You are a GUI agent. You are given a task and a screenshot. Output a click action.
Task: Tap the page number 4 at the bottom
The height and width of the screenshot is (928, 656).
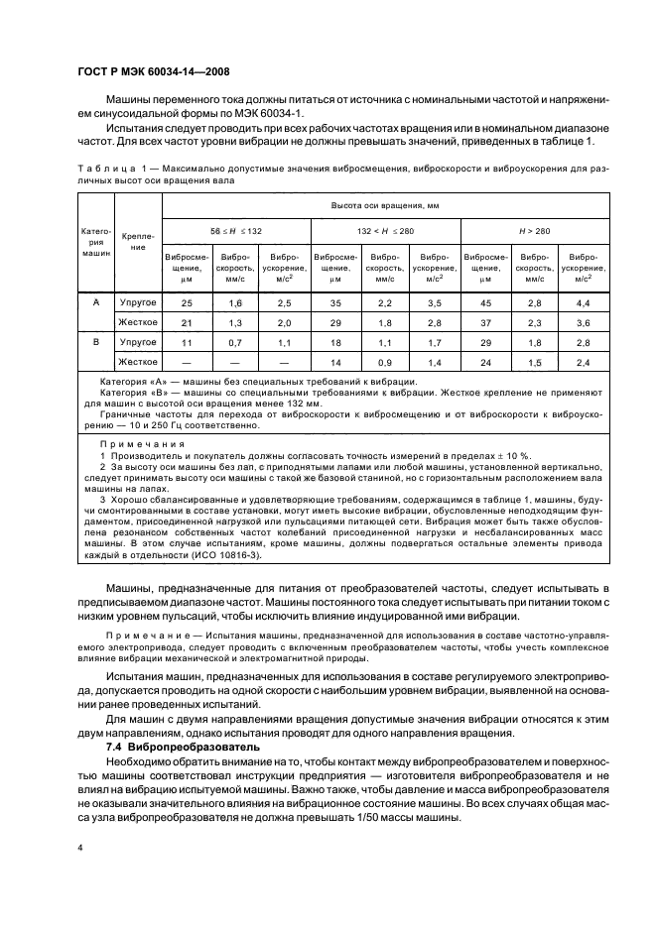[x=80, y=847]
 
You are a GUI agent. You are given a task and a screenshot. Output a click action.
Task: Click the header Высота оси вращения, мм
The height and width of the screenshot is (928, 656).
[x=385, y=205]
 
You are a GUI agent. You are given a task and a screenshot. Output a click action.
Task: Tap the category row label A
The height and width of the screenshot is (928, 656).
[x=96, y=303]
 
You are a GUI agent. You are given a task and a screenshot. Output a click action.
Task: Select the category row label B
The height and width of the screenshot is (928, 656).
[x=96, y=341]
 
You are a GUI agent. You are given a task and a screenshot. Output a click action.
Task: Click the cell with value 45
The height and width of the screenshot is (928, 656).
[x=484, y=303]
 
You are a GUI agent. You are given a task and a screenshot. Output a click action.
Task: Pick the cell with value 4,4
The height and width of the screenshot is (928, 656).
[x=583, y=303]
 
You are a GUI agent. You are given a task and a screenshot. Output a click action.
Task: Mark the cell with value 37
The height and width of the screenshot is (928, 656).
[x=484, y=322]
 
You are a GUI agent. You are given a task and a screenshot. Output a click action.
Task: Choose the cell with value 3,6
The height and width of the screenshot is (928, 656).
[x=583, y=322]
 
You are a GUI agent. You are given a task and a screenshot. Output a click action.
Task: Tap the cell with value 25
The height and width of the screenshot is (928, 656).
[x=187, y=303]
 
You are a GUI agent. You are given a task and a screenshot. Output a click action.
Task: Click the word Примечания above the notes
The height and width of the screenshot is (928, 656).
[x=143, y=442]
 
